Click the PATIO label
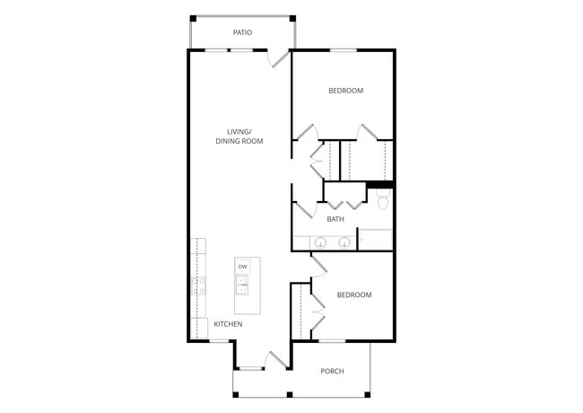pyautogui.click(x=242, y=32)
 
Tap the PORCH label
pyautogui.click(x=332, y=371)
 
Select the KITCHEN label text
pyautogui.click(x=227, y=323)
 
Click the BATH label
pyautogui.click(x=335, y=219)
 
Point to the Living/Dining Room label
pyautogui.click(x=239, y=136)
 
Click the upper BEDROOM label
pyautogui.click(x=345, y=91)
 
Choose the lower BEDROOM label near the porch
pyautogui.click(x=353, y=294)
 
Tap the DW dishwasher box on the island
pyautogui.click(x=243, y=267)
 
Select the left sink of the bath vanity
pyautogui.click(x=320, y=241)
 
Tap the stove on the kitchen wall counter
pyautogui.click(x=198, y=286)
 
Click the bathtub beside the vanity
pyautogui.click(x=375, y=239)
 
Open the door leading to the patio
pyautogui.click(x=280, y=57)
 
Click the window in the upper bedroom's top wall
pyautogui.click(x=343, y=49)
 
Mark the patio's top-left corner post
pyautogui.click(x=191, y=16)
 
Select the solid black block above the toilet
pyautogui.click(x=380, y=185)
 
